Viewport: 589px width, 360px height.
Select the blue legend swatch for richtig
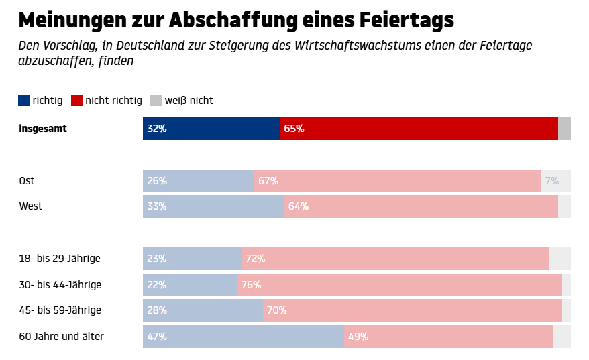24,101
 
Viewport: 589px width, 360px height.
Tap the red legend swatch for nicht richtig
76,101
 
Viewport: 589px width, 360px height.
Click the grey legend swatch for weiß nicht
156,101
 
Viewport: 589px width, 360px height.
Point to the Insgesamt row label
43,128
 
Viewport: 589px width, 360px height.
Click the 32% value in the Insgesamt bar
157,129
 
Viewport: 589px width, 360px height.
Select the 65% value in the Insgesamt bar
294,129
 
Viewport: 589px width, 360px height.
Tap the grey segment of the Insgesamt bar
564,129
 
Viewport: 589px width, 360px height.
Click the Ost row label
27,181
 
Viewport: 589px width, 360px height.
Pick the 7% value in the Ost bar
552,181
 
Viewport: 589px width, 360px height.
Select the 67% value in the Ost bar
268,181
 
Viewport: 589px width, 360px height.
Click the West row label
30,206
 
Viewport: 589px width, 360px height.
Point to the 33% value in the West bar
157,206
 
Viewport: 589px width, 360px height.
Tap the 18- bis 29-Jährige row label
59,259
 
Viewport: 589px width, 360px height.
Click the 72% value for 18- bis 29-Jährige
255,259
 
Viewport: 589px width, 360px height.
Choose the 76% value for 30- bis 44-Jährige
251,285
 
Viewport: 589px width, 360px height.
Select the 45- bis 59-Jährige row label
60,310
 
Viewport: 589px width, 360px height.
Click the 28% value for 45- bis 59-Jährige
157,310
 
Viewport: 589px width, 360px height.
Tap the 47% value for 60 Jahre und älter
157,337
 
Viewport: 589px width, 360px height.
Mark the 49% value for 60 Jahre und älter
358,337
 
